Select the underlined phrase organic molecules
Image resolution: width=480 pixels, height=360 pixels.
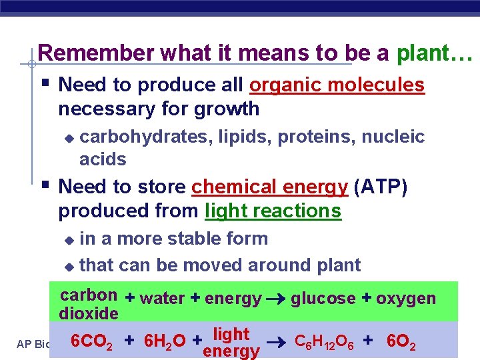(337, 85)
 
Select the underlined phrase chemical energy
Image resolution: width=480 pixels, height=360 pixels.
(269, 187)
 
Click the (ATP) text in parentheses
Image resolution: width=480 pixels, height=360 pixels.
(381, 187)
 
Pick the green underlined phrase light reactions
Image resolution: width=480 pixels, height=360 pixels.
(273, 211)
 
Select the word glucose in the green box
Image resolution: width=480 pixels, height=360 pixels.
(323, 298)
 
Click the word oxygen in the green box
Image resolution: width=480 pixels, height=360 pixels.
(405, 298)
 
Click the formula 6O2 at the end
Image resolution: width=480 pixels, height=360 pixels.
(401, 343)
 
